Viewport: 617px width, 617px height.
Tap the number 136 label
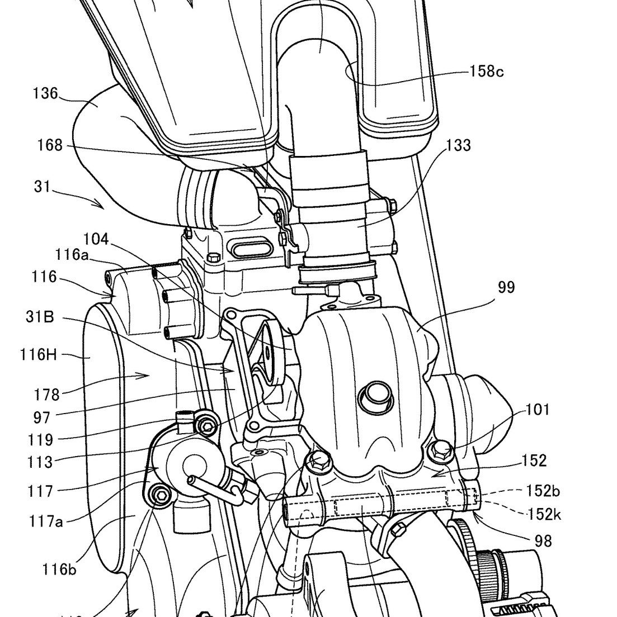(45, 93)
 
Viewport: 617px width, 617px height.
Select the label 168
(51, 146)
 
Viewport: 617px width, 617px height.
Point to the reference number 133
(458, 146)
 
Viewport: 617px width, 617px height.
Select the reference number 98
(542, 541)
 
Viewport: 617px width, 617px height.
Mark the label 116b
(59, 570)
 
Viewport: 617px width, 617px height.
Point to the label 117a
(46, 521)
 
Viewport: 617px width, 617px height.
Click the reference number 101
(538, 411)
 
